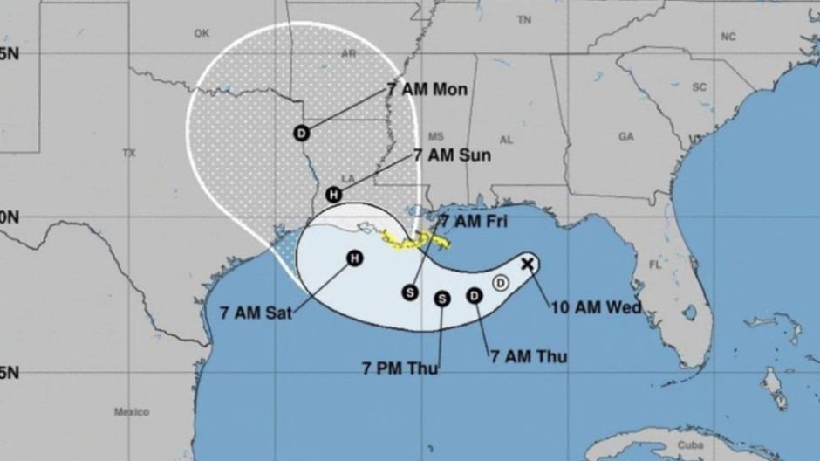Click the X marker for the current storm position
pyautogui.click(x=528, y=262)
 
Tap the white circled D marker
pyautogui.click(x=501, y=281)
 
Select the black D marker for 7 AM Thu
pyautogui.click(x=475, y=295)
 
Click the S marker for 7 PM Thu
pyautogui.click(x=442, y=299)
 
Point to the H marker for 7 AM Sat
pyautogui.click(x=354, y=258)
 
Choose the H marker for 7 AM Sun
pyautogui.click(x=332, y=195)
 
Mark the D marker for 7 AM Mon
pyautogui.click(x=302, y=134)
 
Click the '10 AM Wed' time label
pyautogui.click(x=596, y=307)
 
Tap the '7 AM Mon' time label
pyautogui.click(x=427, y=90)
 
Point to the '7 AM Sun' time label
pyautogui.click(x=451, y=155)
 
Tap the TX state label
pyautogui.click(x=129, y=153)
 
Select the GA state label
pyautogui.click(x=625, y=136)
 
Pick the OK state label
pyautogui.click(x=202, y=33)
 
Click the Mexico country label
pyautogui.click(x=131, y=411)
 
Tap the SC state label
pyautogui.click(x=698, y=86)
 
